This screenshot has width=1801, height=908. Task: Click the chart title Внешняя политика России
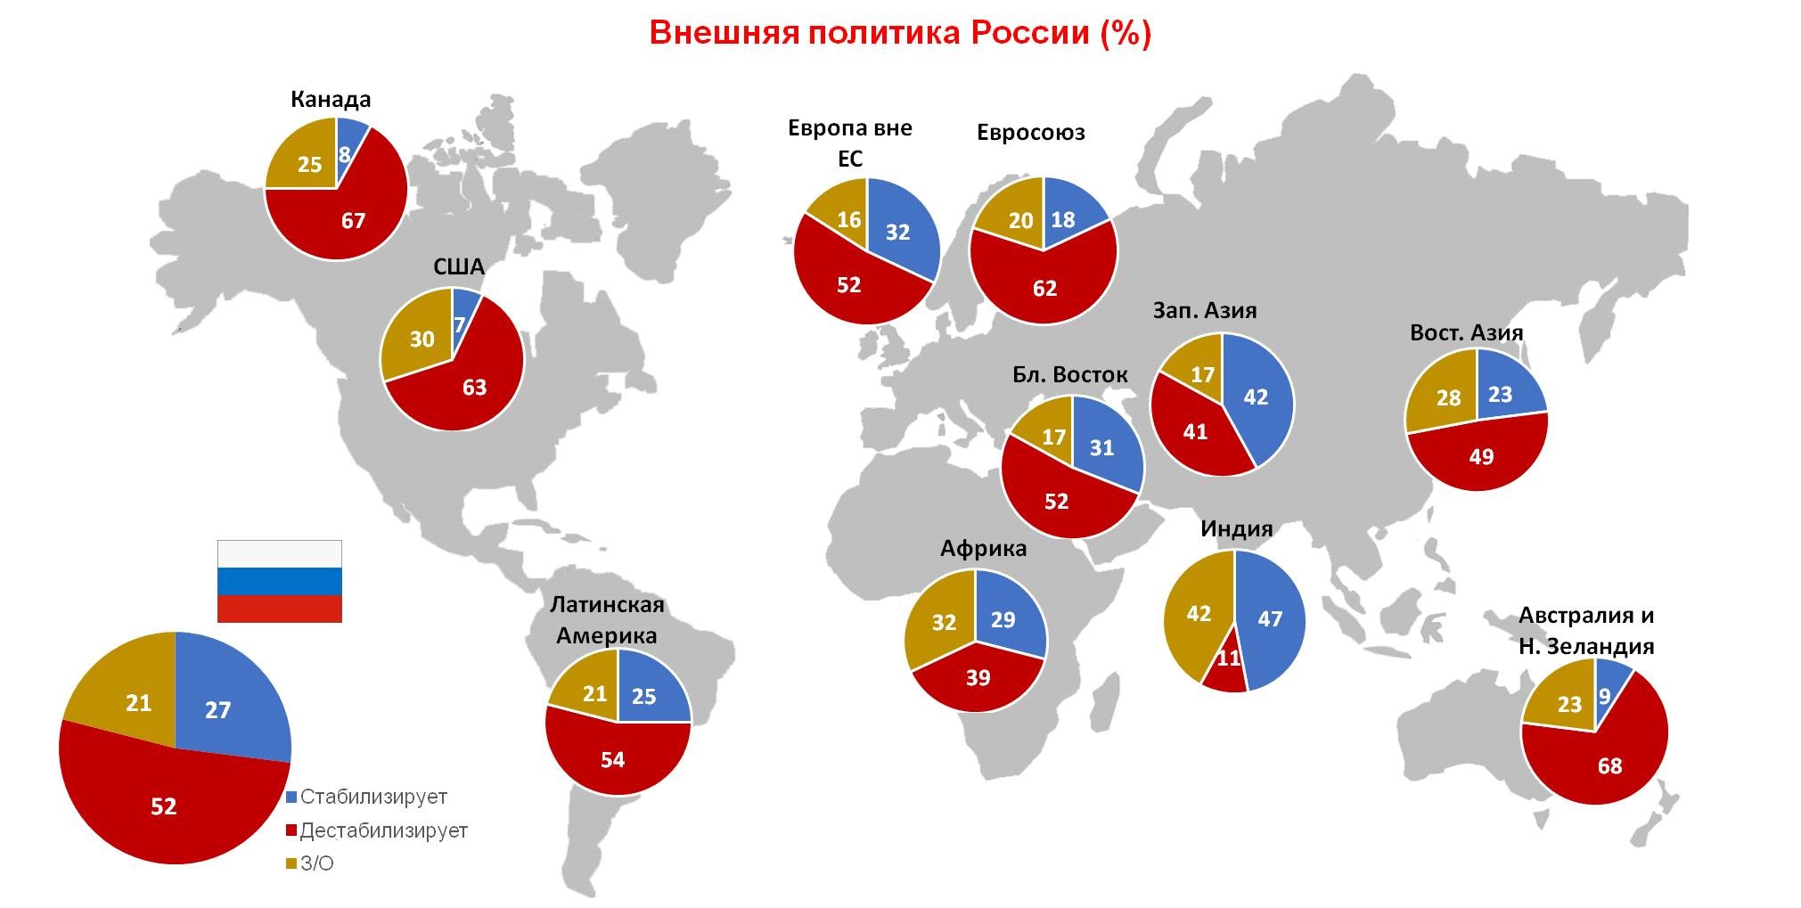(x=900, y=34)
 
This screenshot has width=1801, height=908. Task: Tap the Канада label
(x=331, y=99)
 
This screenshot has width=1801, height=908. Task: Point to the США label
(x=459, y=266)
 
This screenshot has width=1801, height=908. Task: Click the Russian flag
(x=280, y=581)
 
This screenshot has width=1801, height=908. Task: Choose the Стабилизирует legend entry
(x=372, y=797)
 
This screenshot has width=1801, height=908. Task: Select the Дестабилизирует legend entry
(x=383, y=830)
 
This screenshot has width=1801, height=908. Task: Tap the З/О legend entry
(x=316, y=863)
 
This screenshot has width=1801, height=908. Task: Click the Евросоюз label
(x=1031, y=133)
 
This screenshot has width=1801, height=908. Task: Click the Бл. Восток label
(x=1069, y=375)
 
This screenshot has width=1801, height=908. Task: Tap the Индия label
(x=1236, y=528)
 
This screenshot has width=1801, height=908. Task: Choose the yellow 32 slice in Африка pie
(x=943, y=622)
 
